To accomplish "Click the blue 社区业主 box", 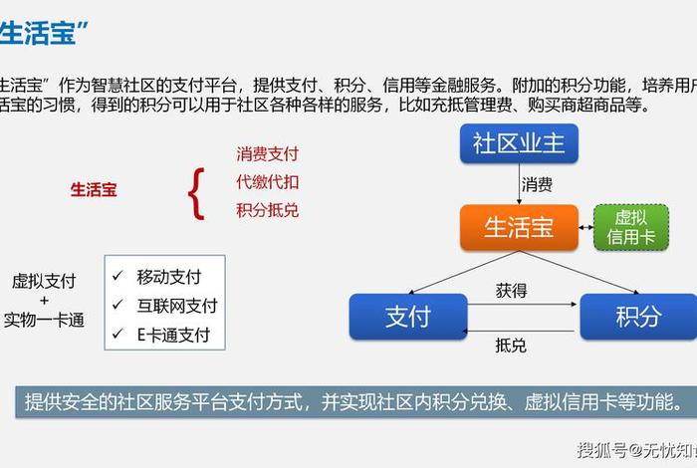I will click(518, 143).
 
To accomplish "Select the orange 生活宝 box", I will click(518, 228).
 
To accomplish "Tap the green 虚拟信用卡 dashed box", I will click(631, 228).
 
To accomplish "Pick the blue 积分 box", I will click(637, 317).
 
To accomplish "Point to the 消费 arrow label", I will click(538, 184).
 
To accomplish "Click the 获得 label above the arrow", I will click(511, 291).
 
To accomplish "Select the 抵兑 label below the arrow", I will click(511, 346).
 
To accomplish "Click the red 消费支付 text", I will click(267, 154).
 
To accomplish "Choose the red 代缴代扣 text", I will click(267, 182).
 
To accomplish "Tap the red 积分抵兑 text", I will click(267, 210).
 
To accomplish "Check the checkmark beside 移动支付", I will click(118, 276).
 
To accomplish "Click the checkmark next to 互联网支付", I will click(118, 305).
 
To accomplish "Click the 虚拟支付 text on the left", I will click(44, 282).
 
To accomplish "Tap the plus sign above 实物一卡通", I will click(44, 301).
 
